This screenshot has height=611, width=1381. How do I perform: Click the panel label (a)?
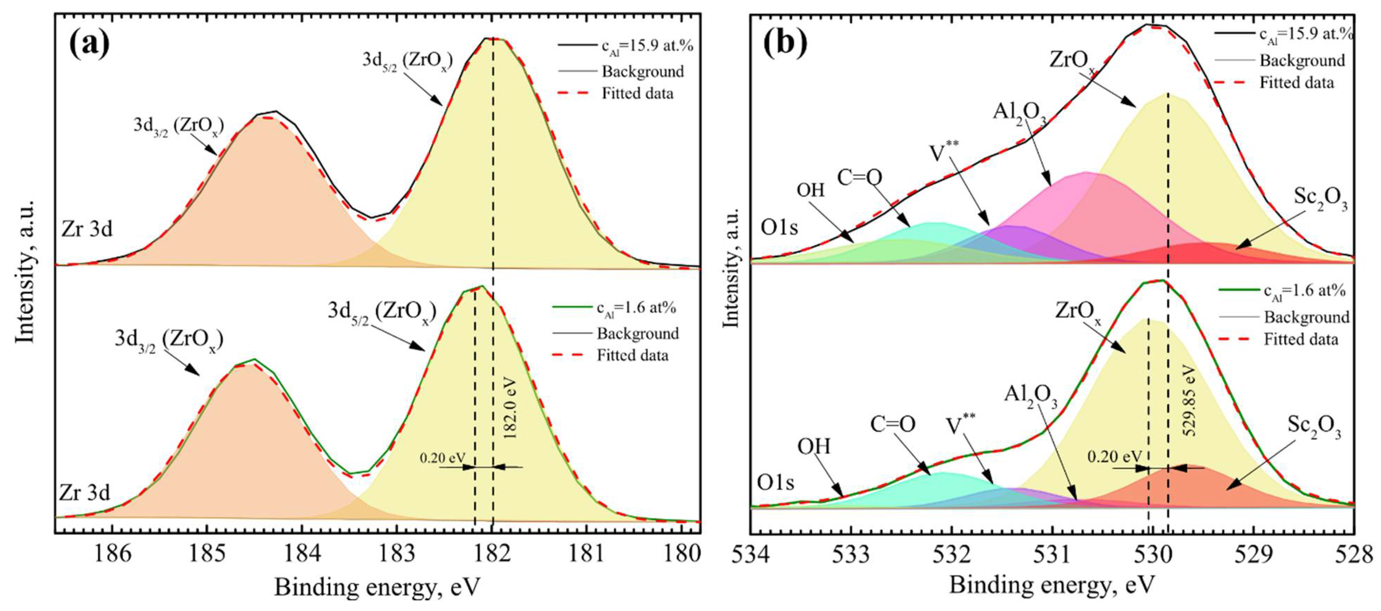click(x=89, y=44)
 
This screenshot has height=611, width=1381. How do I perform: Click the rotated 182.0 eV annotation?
click(x=510, y=408)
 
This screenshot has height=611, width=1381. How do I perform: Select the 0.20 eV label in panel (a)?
click(x=443, y=458)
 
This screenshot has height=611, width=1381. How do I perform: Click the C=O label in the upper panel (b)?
click(x=859, y=177)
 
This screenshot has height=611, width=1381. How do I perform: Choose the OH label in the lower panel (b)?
click(x=814, y=446)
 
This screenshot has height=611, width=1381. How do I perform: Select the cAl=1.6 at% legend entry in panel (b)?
click(x=1304, y=291)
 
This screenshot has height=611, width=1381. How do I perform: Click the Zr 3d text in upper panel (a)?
click(x=87, y=229)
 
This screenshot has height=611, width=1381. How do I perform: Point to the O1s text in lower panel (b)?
click(x=775, y=483)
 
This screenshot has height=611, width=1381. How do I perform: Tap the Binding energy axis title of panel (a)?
click(x=377, y=587)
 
